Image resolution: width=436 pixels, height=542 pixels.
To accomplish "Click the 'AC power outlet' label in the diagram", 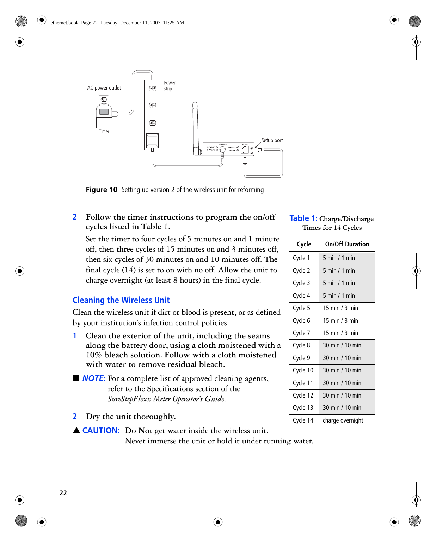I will click(104, 88).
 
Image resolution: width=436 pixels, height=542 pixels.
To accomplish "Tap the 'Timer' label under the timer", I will click(104, 131).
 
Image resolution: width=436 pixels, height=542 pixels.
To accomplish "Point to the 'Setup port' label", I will click(272, 140).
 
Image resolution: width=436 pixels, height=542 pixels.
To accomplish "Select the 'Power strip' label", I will click(169, 86).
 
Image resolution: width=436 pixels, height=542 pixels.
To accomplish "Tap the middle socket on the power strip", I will click(153, 105).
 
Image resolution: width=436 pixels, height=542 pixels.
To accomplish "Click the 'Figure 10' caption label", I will click(102, 190).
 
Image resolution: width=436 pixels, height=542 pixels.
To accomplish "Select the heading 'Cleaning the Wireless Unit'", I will click(121, 300).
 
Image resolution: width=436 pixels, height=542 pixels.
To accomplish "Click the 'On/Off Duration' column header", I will click(347, 244).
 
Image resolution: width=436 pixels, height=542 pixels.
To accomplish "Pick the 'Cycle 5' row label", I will click(301, 308).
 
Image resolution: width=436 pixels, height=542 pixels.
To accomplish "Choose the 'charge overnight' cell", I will click(343, 420).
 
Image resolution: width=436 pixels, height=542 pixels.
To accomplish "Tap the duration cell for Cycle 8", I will click(342, 345).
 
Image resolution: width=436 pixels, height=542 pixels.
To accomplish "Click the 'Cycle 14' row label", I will click(303, 420).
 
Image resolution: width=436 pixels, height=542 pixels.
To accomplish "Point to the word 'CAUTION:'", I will click(101, 430).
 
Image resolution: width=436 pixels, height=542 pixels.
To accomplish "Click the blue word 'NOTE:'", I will click(94, 378).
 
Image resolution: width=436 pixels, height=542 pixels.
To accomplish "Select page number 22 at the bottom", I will click(63, 493).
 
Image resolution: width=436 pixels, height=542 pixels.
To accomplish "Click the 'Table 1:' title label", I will click(303, 218).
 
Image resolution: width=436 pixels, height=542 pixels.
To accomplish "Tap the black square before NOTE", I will click(76, 378).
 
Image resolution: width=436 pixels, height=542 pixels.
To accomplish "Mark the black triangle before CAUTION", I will click(76, 430).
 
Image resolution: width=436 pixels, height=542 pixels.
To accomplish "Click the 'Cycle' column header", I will click(304, 244).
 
